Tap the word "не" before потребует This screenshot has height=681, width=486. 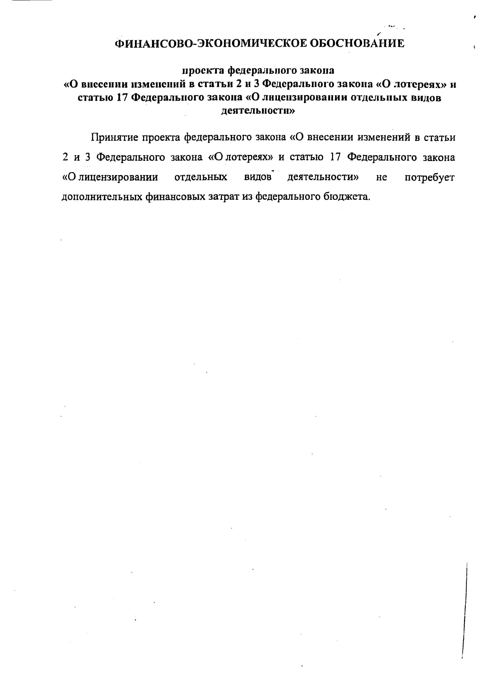click(x=381, y=177)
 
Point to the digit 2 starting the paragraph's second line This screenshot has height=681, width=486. click(x=65, y=157)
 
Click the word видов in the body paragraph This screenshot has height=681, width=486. click(x=258, y=177)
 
